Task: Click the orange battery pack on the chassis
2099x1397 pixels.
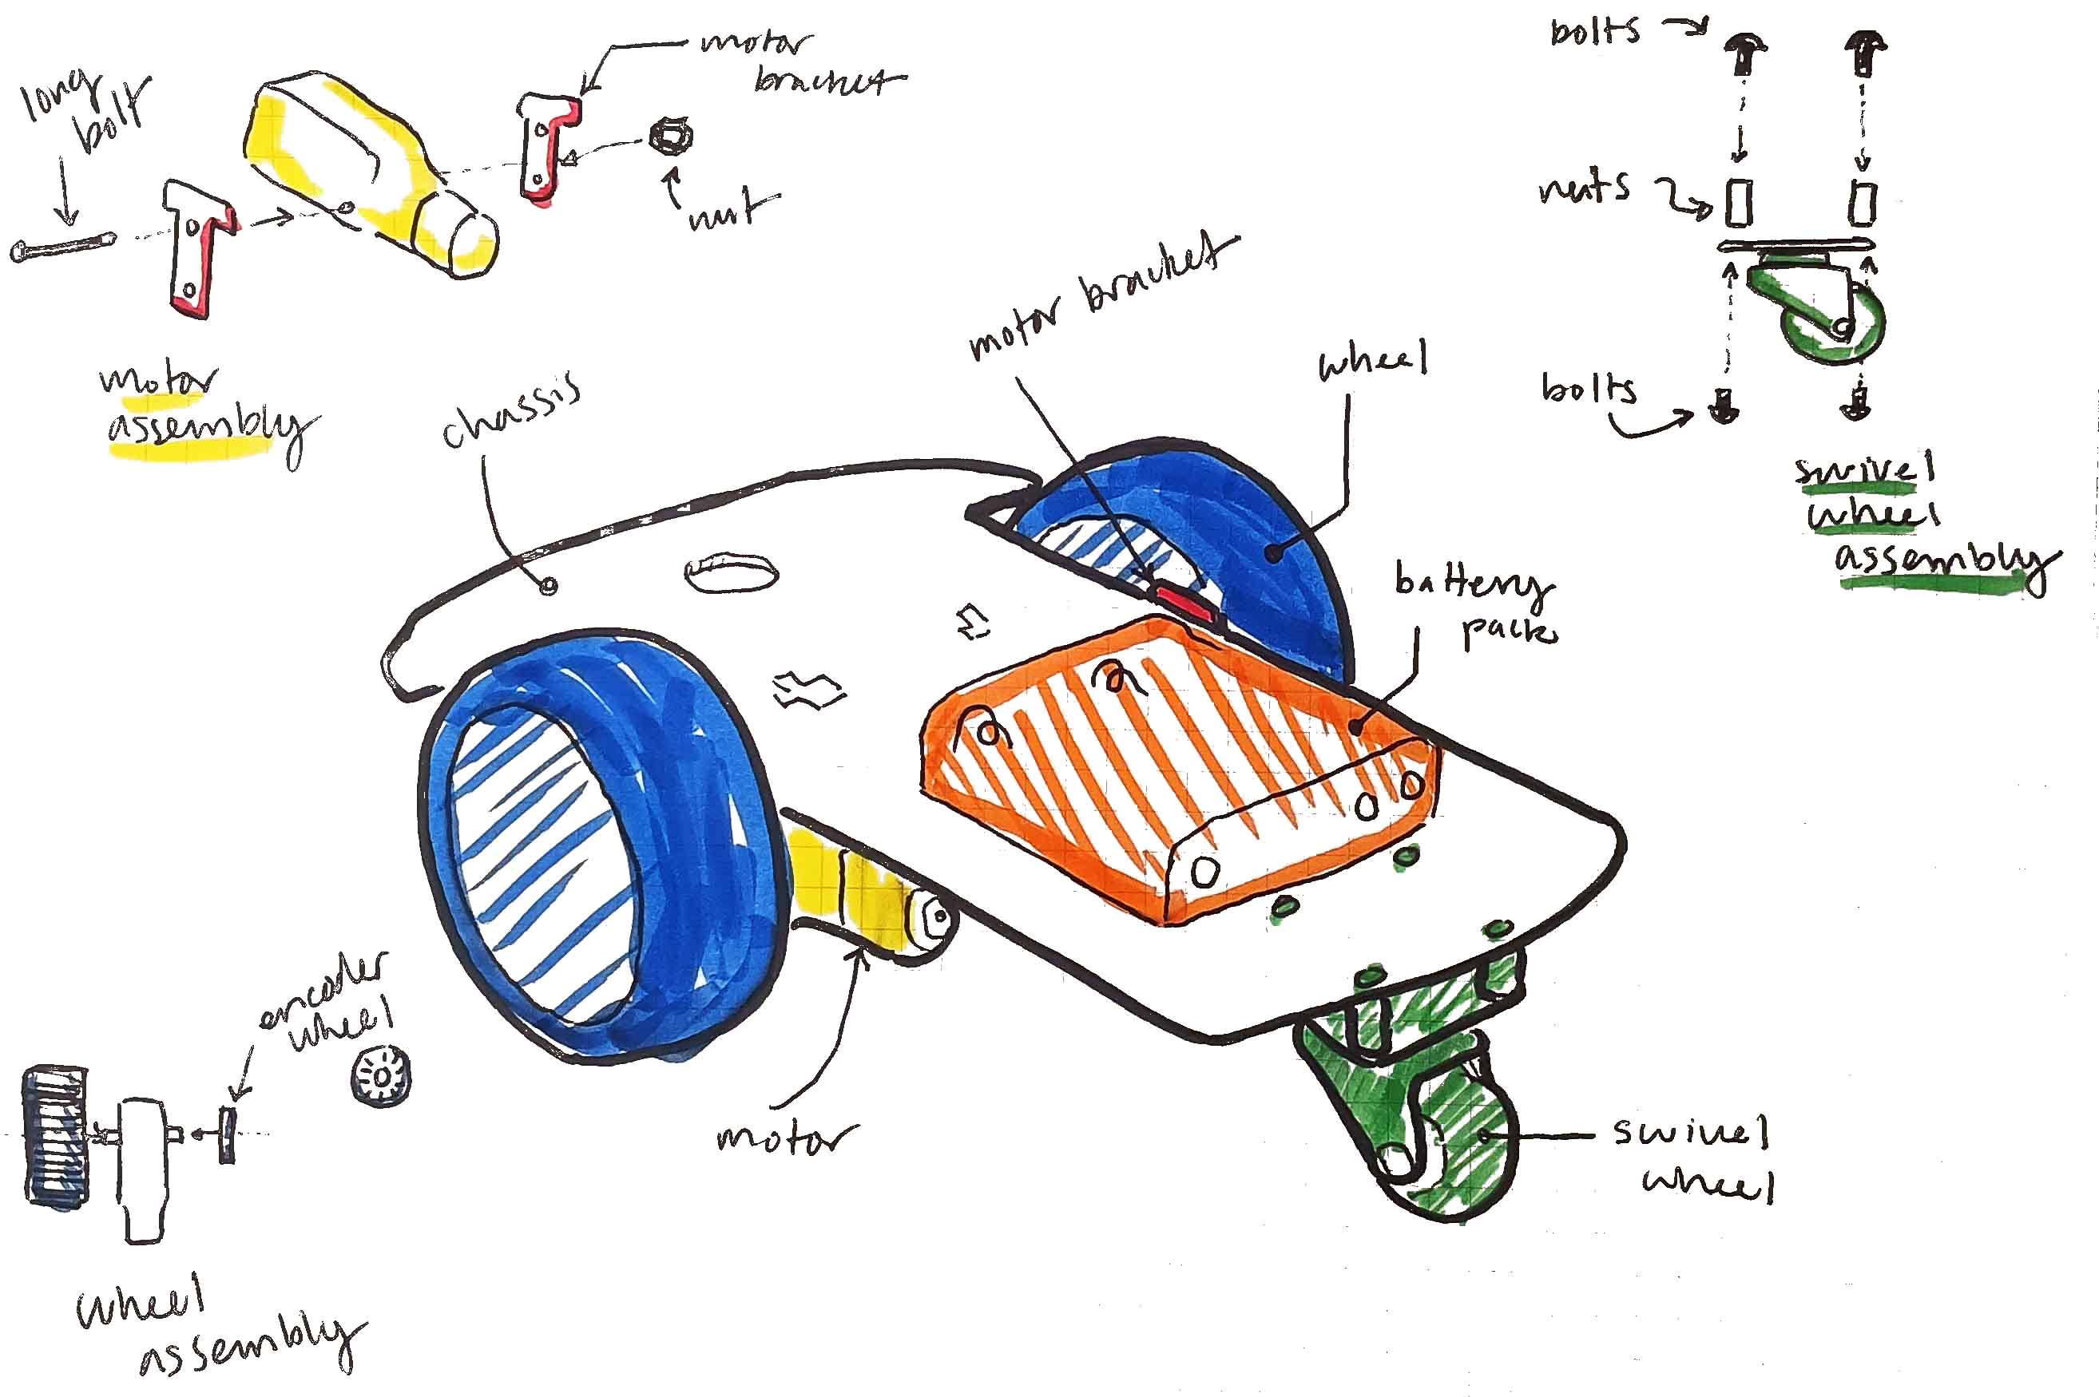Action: point(1176,766)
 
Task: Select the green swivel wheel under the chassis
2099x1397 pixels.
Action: point(1408,1105)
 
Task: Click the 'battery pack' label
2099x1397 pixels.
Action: point(1475,606)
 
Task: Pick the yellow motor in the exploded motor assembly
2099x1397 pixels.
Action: point(366,169)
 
